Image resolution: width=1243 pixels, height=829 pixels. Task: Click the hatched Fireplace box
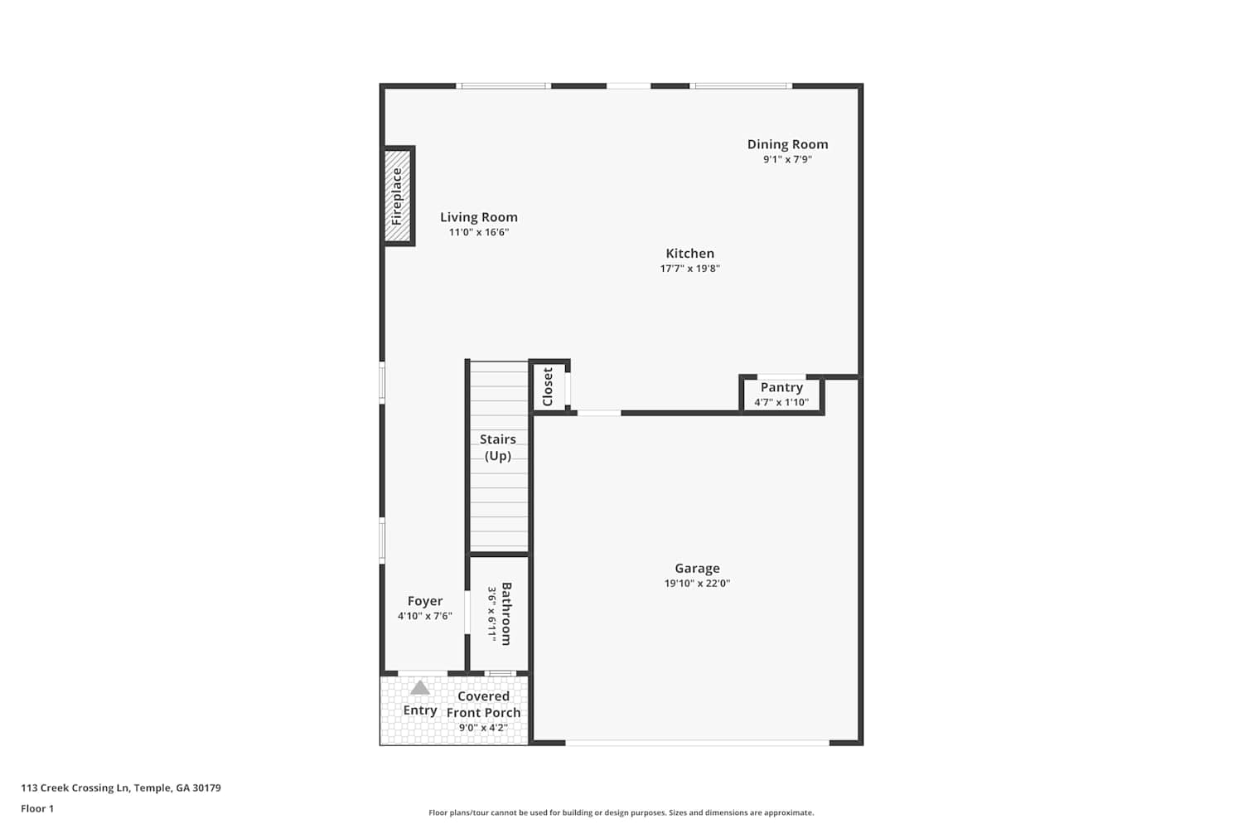click(397, 196)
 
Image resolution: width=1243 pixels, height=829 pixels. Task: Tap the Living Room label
click(479, 217)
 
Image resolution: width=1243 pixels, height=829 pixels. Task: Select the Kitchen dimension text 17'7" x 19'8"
click(689, 269)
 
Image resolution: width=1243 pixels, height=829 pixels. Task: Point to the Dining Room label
click(787, 144)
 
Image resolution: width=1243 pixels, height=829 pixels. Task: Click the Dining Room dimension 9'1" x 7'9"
click(787, 159)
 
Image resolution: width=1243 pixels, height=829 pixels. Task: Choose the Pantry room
click(781, 395)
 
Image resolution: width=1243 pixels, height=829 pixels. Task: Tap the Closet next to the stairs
click(549, 386)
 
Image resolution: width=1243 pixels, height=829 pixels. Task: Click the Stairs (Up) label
click(498, 448)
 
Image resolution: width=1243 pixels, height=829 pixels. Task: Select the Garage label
click(697, 568)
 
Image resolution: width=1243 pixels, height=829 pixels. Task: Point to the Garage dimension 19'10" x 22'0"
click(697, 583)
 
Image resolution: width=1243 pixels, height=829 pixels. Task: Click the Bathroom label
click(506, 613)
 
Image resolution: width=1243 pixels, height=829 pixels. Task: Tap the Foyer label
click(425, 601)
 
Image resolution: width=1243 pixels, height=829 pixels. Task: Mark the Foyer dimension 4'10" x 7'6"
click(425, 616)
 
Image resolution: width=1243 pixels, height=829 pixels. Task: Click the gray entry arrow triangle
click(420, 689)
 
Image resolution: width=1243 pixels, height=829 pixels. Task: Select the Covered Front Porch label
click(483, 704)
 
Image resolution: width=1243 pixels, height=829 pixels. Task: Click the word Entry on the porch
click(420, 710)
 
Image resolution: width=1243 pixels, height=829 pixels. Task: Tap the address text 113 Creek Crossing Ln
click(75, 788)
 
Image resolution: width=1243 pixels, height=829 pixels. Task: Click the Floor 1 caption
click(37, 808)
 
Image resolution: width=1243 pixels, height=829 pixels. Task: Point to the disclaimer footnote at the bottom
click(621, 812)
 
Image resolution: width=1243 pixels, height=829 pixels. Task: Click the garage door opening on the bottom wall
click(697, 743)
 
